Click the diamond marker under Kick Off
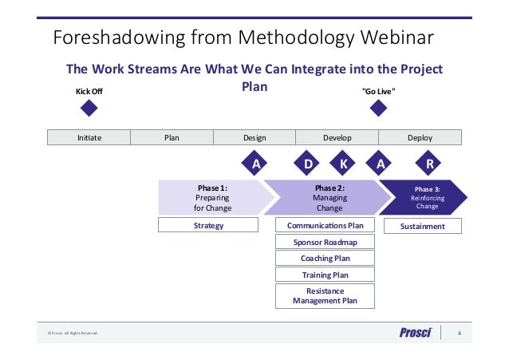(x=89, y=109)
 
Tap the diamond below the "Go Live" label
(x=379, y=109)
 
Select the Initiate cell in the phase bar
(x=89, y=137)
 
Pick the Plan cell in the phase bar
(x=172, y=137)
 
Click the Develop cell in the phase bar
(x=337, y=137)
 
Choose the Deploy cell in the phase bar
(x=420, y=137)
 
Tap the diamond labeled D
(x=308, y=164)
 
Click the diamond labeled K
(x=343, y=164)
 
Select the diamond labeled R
(x=430, y=164)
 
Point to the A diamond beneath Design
(x=256, y=164)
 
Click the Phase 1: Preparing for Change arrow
(x=212, y=198)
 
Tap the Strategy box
(x=209, y=226)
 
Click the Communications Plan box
(x=325, y=226)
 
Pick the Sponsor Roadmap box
(x=325, y=242)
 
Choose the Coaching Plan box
(x=325, y=259)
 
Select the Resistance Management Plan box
(x=325, y=296)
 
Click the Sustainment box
(x=422, y=226)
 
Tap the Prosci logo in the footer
(x=415, y=333)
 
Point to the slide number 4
(x=459, y=333)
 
